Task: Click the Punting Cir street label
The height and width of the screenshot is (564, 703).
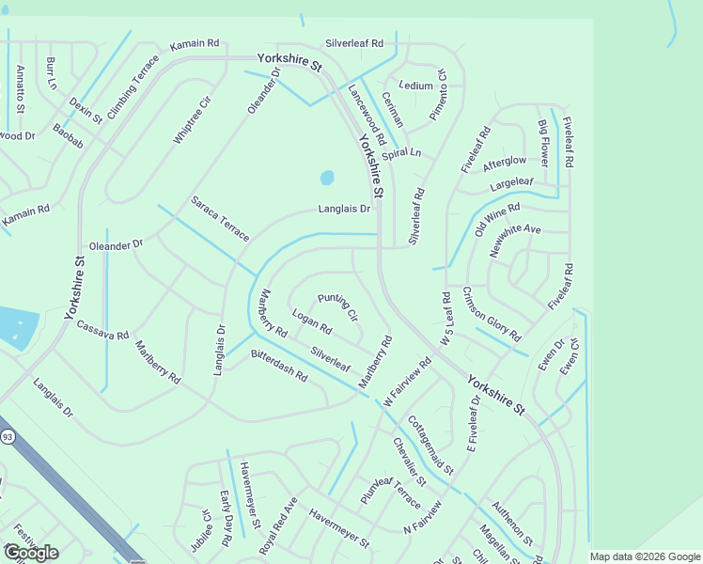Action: coord(337,306)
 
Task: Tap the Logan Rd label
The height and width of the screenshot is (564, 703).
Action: coord(312,322)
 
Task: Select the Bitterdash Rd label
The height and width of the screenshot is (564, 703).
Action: coord(279,366)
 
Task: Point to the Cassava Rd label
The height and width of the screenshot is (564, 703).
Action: coord(102,330)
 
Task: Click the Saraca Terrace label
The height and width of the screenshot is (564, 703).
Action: coord(220,218)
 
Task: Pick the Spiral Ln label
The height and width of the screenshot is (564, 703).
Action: coord(401,153)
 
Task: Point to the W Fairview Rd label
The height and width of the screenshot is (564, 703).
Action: coord(406,381)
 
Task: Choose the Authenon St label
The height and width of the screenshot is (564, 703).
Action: coord(512,523)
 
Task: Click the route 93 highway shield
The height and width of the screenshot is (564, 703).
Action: coord(8,436)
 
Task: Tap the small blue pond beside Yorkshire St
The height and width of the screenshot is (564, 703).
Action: coord(326,177)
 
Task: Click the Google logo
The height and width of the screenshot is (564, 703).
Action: coord(31,553)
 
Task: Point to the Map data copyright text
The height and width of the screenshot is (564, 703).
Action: coord(645,556)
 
